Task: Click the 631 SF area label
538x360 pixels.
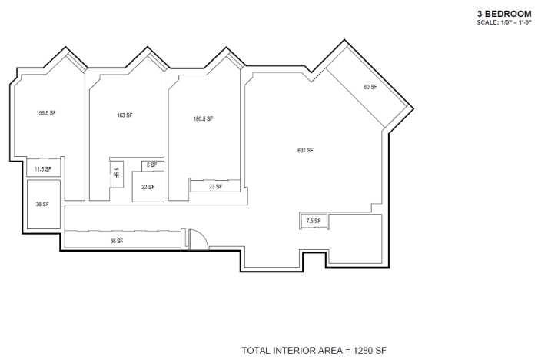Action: (x=305, y=150)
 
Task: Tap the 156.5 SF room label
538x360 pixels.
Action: (x=46, y=113)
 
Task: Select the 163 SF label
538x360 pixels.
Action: (x=125, y=115)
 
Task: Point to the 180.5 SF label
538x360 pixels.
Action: (x=203, y=119)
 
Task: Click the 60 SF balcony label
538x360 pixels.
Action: (x=370, y=87)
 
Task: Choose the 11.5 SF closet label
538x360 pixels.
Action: (x=43, y=169)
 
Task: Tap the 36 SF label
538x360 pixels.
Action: (x=42, y=205)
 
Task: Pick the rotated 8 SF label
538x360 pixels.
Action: (x=116, y=173)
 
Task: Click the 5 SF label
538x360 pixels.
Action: (x=151, y=165)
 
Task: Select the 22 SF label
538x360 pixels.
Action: (x=148, y=187)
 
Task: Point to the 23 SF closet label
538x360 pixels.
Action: (x=215, y=186)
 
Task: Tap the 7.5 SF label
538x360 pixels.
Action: (x=313, y=222)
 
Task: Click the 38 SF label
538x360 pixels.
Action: (x=117, y=241)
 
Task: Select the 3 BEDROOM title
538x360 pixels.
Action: (x=504, y=14)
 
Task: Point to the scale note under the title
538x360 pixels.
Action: (x=503, y=23)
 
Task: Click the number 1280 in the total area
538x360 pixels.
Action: (x=364, y=351)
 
